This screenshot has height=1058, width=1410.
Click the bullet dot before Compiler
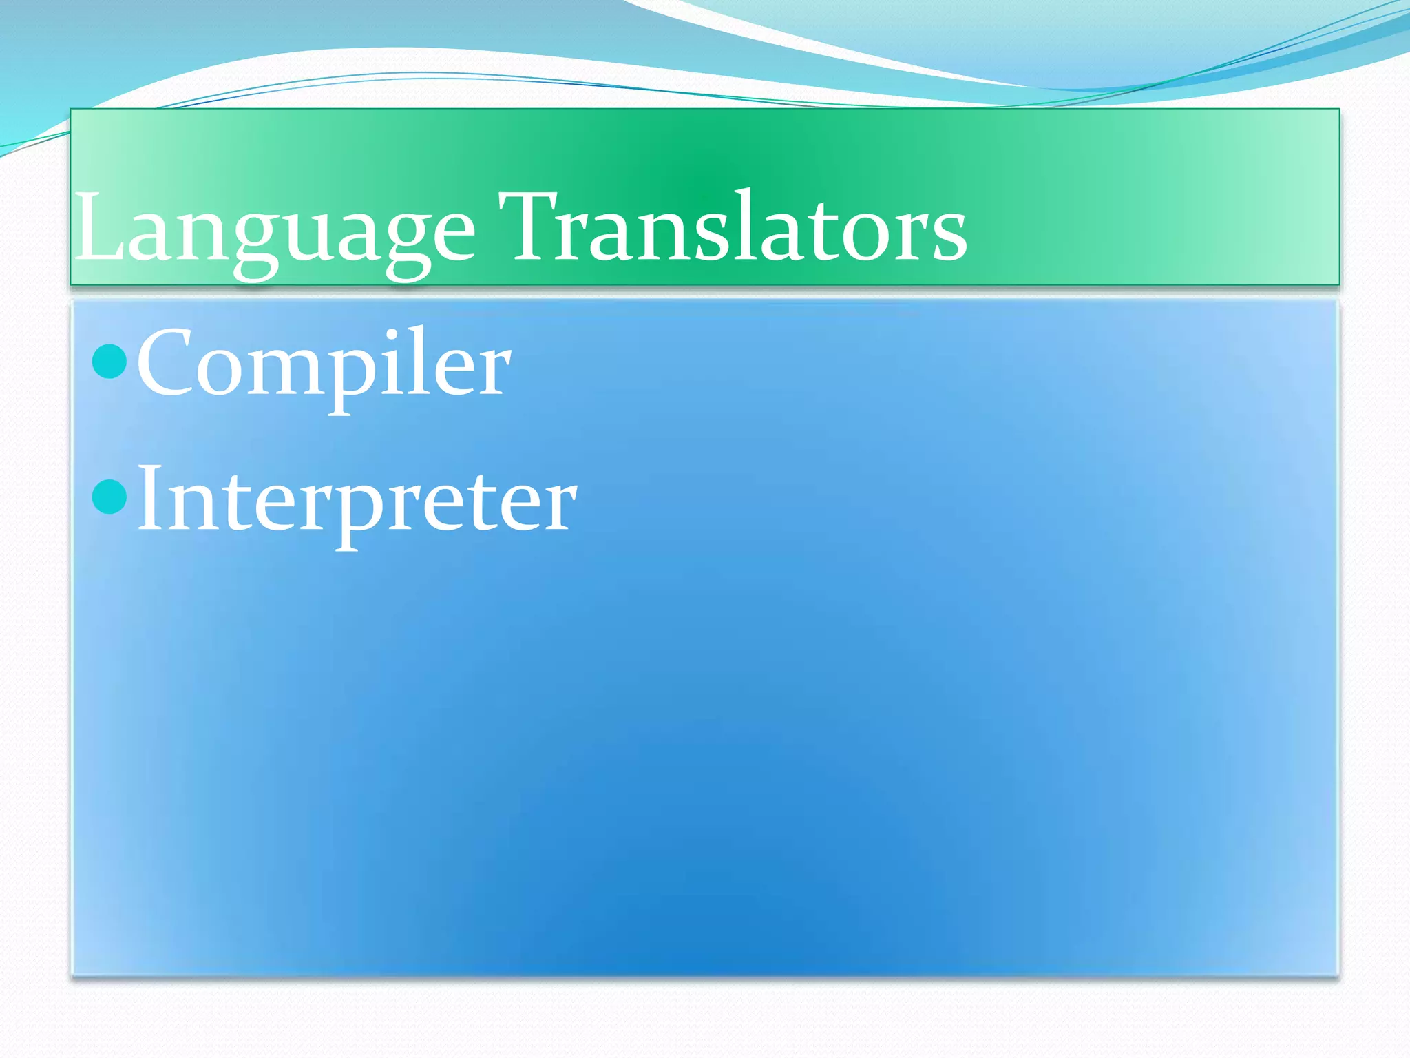click(109, 361)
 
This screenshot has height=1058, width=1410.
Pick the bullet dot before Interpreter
click(109, 497)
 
